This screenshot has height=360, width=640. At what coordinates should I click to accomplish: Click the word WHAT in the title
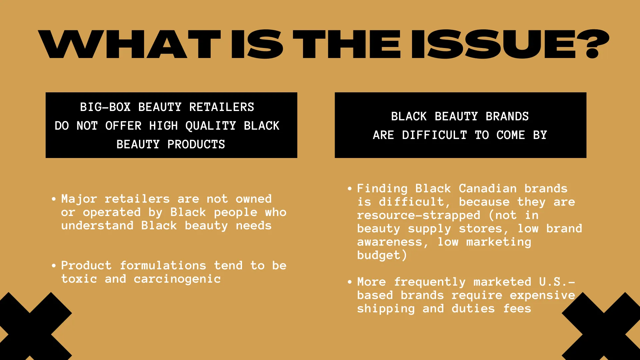129,44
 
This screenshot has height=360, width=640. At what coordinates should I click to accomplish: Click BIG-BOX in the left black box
105,107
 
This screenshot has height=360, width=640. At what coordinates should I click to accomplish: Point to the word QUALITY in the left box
211,126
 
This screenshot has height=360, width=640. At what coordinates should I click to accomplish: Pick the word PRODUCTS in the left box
196,144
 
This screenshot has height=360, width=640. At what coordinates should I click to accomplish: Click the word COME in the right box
511,135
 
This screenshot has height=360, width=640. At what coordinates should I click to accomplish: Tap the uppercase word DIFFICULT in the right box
434,135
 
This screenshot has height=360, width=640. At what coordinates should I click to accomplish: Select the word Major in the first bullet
79,199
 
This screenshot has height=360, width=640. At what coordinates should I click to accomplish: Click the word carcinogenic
177,279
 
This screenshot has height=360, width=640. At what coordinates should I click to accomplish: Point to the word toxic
79,279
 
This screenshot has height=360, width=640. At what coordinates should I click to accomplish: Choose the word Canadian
487,189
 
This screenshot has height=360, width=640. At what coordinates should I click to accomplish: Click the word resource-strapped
418,215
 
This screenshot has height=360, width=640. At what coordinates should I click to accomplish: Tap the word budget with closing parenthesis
382,255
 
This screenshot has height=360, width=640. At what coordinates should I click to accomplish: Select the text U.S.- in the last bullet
557,282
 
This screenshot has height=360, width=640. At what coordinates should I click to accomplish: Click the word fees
517,309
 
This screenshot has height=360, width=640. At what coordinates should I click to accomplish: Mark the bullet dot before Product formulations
54,266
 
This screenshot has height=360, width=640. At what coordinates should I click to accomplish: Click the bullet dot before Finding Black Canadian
350,189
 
